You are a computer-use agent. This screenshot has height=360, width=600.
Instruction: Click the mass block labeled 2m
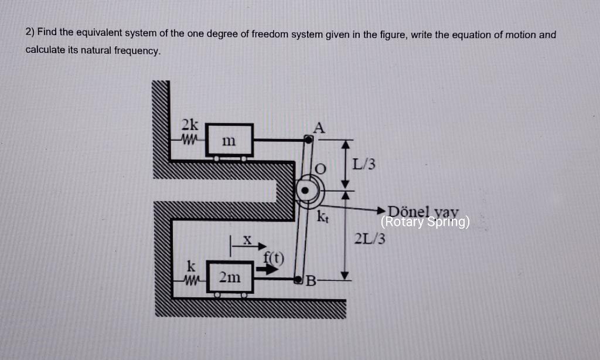(x=229, y=278)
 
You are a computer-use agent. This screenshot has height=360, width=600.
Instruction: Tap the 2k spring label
(x=189, y=125)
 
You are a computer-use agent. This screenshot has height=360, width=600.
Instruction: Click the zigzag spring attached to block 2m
(x=192, y=277)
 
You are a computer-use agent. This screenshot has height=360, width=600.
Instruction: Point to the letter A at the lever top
(x=319, y=127)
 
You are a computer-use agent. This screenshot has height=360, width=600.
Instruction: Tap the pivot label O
(x=320, y=169)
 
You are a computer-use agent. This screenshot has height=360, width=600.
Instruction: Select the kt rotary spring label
(x=322, y=217)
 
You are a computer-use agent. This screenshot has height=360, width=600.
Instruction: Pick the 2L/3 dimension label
(x=370, y=239)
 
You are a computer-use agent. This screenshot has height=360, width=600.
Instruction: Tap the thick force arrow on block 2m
(x=267, y=270)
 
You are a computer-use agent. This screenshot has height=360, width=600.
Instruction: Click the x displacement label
(x=247, y=239)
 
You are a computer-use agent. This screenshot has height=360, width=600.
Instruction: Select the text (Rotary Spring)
(x=425, y=222)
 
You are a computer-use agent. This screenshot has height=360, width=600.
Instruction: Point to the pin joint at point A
(x=309, y=140)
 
